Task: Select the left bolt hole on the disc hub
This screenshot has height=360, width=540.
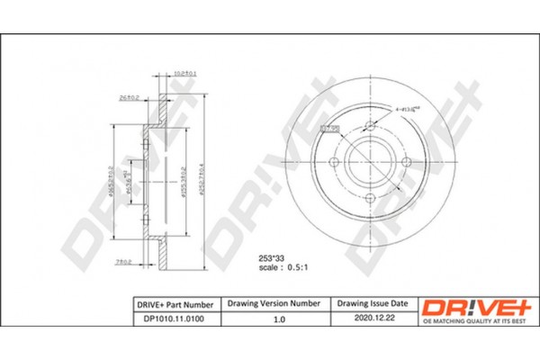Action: [335, 161]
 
